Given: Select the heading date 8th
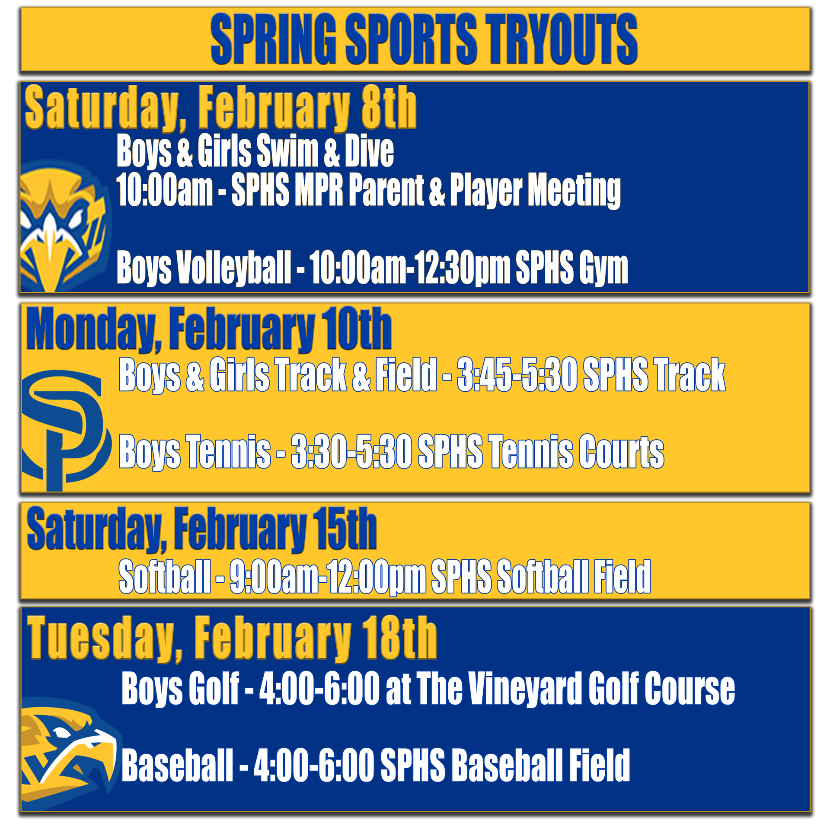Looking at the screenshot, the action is coord(389,107).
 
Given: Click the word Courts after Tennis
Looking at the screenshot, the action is coord(621,452).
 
